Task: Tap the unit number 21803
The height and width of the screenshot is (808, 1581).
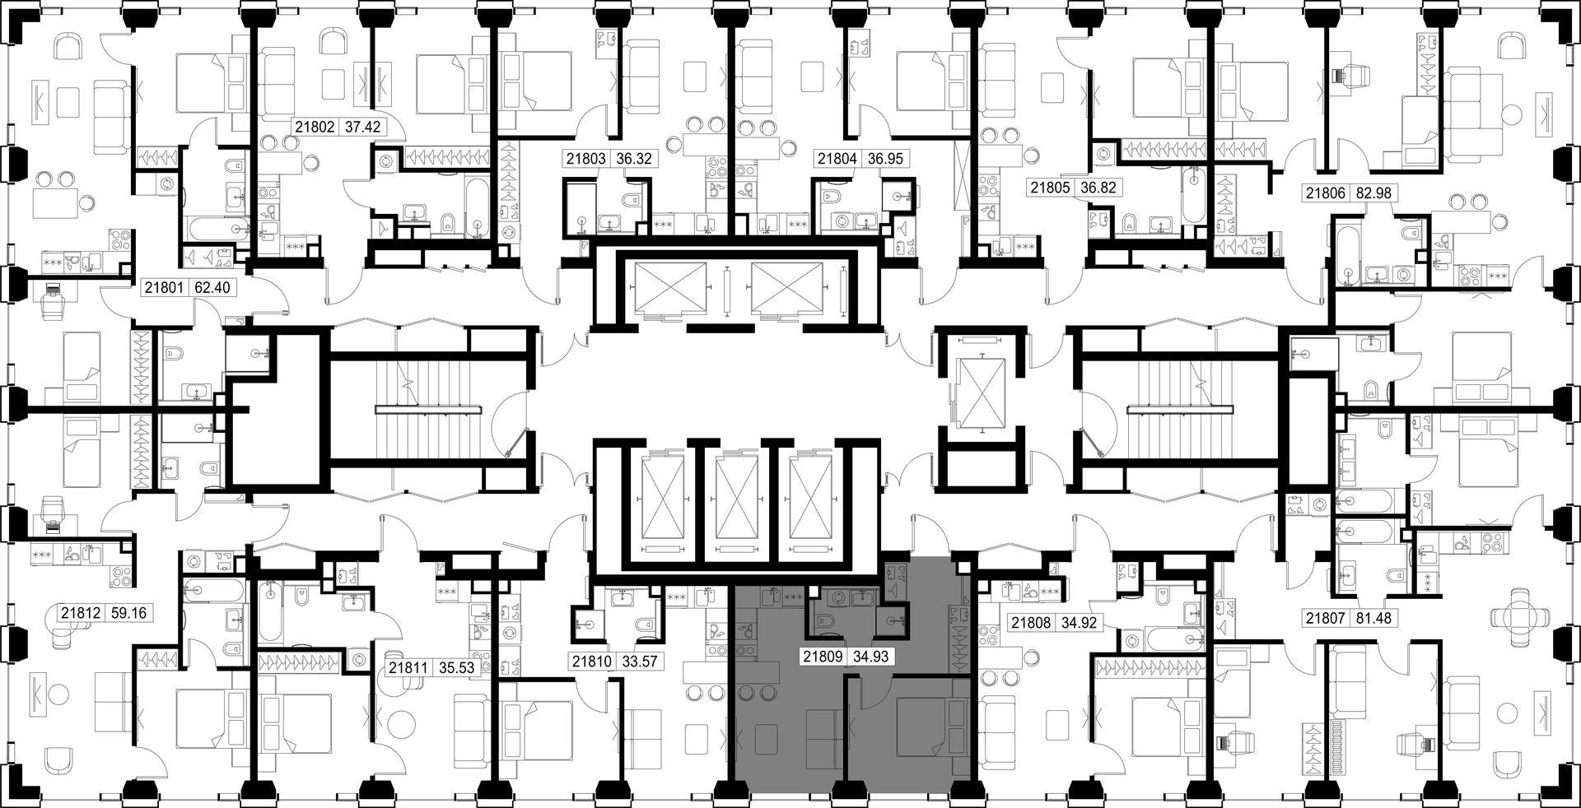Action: click(585, 159)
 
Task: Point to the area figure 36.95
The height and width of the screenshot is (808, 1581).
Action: click(881, 159)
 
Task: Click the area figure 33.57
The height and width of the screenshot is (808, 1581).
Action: click(639, 661)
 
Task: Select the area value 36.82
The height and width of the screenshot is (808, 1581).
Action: click(1098, 188)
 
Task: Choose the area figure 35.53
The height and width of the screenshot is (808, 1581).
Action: click(456, 668)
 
